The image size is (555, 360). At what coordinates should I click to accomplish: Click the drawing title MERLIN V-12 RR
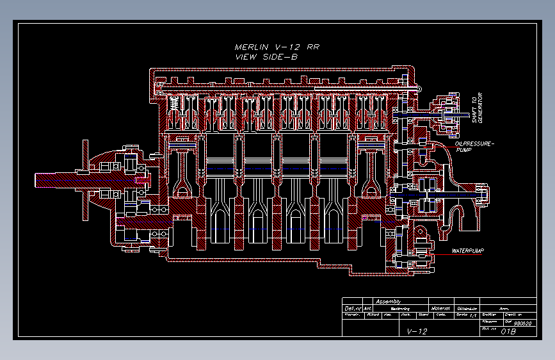coord(277,47)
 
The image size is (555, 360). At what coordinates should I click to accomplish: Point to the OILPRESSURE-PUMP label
coord(475,147)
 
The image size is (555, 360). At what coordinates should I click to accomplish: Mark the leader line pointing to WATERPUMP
coord(442,250)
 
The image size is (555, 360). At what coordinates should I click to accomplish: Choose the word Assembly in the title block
coord(388,301)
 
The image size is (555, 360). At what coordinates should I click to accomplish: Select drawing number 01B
coord(508,331)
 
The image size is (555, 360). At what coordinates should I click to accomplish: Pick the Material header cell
coord(441,308)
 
